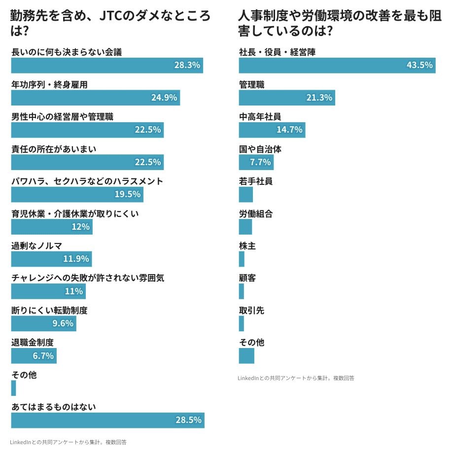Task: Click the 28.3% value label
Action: pos(187,65)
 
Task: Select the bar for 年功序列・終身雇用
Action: pos(95,98)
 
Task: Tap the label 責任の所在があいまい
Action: pos(54,149)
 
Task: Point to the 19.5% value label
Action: pos(128,194)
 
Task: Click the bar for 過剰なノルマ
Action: pos(51,259)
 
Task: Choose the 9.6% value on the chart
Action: pos(63,323)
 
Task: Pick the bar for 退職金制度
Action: pos(34,356)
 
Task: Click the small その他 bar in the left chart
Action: pos(14,388)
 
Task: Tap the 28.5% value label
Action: pos(188,420)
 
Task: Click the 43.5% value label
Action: pos(419,65)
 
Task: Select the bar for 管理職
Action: pos(287,98)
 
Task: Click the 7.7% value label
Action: pos(260,162)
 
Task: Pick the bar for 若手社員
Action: pos(246,194)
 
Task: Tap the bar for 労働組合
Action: pos(245,227)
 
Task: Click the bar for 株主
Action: pos(242,259)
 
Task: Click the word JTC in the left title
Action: pos(111,16)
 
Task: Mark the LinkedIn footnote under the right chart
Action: pos(296,378)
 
